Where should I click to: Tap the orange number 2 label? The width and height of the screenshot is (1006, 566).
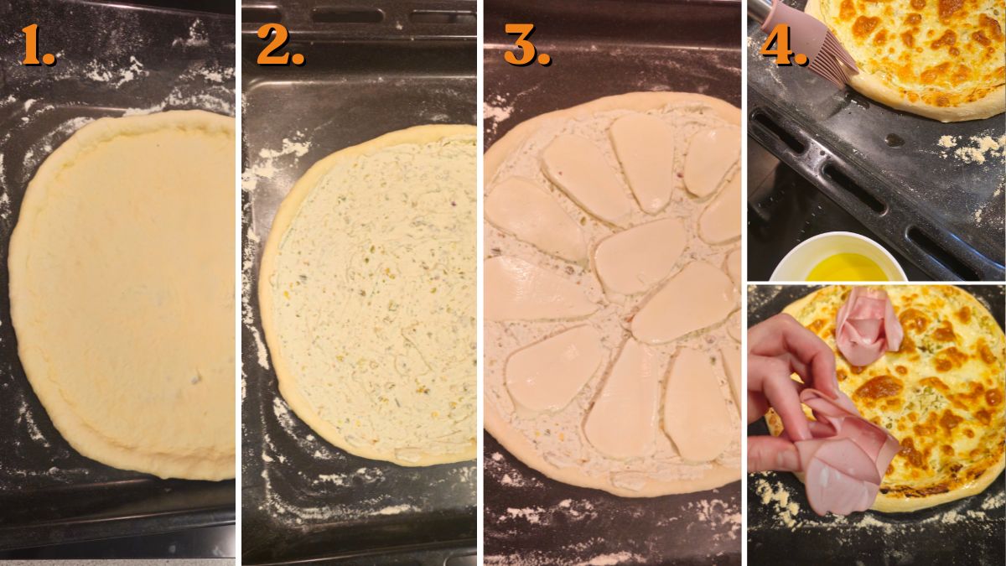coord(279,45)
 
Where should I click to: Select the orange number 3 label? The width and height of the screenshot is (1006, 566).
coord(526,45)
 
